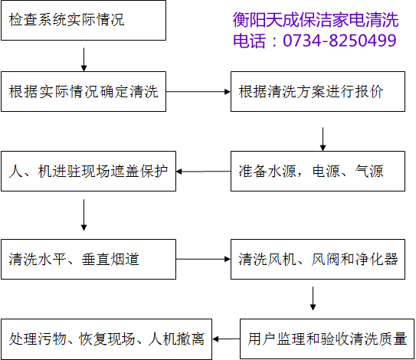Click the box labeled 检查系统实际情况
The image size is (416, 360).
tap(84, 21)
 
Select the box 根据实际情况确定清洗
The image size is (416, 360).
tap(84, 91)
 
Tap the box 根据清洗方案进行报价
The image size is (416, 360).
tap(318, 91)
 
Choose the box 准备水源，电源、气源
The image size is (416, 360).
tap(318, 171)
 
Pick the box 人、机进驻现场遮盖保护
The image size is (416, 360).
tap(89, 171)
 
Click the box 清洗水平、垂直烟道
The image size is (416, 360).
tap(89, 259)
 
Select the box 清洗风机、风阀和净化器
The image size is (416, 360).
tap(318, 259)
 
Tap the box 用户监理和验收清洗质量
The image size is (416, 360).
tap(327, 339)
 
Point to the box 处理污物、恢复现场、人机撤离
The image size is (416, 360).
tap(106, 339)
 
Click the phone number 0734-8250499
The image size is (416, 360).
tap(339, 41)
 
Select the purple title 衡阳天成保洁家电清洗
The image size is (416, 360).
tap(316, 20)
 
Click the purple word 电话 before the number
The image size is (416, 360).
tap(250, 41)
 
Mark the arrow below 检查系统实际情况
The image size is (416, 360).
tap(84, 60)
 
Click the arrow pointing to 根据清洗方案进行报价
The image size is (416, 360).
tap(198, 92)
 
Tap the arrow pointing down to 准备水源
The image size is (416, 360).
tap(323, 139)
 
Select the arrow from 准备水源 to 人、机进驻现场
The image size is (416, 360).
tap(203, 172)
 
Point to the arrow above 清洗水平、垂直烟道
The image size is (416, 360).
tap(84, 215)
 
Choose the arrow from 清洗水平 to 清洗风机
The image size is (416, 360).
tap(203, 259)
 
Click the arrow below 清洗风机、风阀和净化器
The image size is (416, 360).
tap(313, 299)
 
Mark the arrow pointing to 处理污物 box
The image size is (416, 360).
tap(226, 339)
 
